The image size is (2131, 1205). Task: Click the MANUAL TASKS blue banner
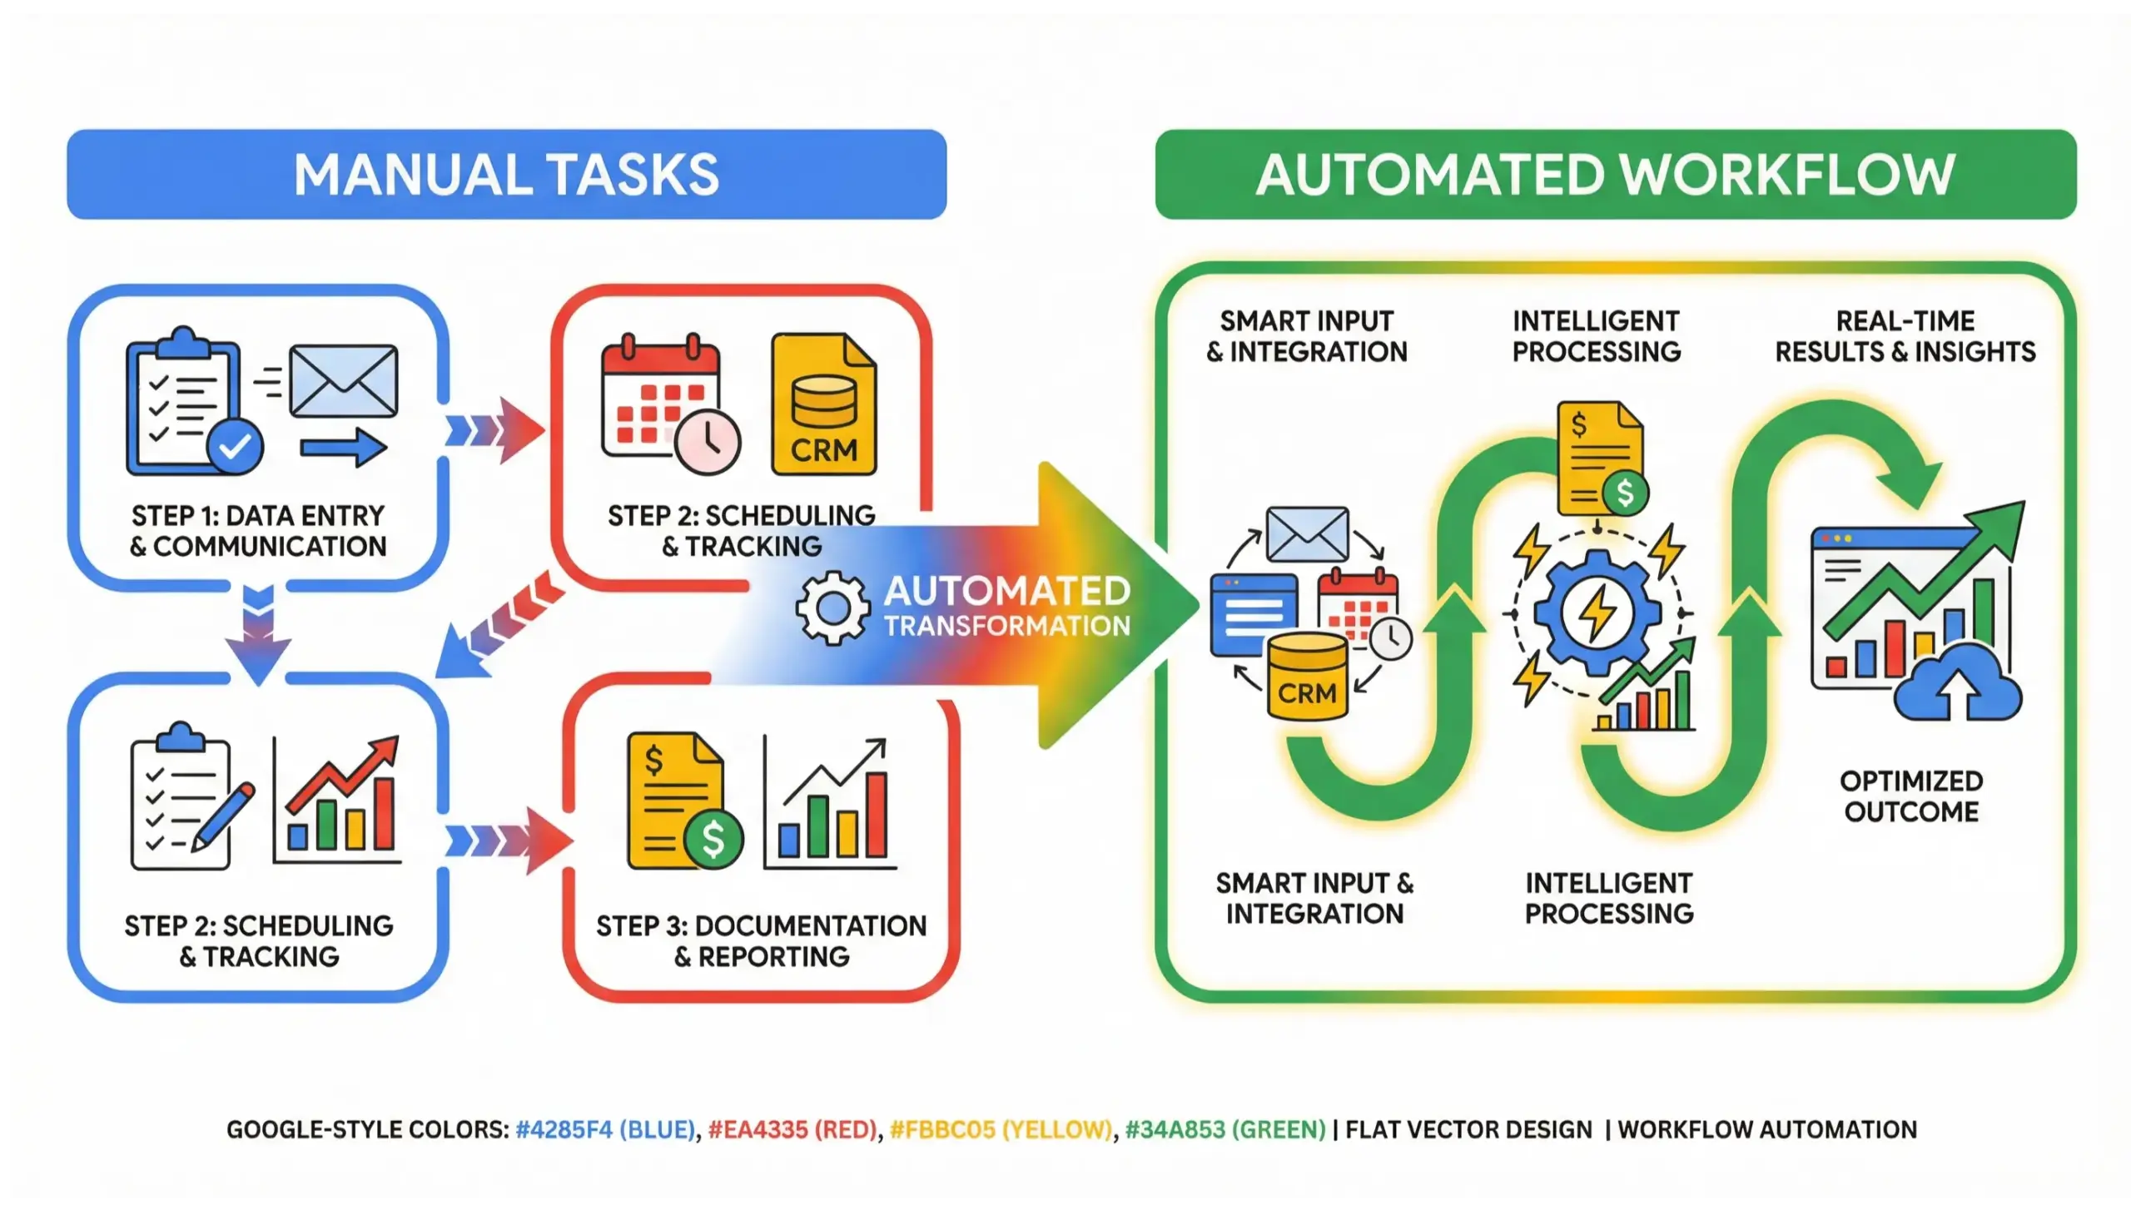tap(506, 175)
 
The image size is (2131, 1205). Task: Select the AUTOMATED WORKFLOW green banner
tap(1615, 175)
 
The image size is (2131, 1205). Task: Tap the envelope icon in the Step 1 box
tap(343, 381)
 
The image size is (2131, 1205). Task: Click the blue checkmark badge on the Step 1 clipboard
tap(235, 448)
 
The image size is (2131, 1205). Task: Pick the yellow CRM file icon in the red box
tap(823, 405)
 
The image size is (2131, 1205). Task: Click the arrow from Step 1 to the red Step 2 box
tap(496, 430)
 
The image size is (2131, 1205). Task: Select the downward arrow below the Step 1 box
tap(258, 637)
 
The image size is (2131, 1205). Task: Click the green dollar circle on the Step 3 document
tap(713, 839)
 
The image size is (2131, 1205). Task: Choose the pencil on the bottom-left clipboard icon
tap(223, 816)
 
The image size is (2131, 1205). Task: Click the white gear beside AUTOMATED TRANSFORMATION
tap(832, 608)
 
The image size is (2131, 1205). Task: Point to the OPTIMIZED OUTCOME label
tap(1910, 796)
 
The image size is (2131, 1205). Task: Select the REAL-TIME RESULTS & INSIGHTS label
tap(1905, 336)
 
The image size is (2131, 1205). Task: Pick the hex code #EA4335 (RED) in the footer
tap(792, 1129)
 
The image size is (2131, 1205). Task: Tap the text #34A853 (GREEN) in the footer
tap(1224, 1129)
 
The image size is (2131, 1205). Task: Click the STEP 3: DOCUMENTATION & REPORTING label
tap(761, 940)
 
